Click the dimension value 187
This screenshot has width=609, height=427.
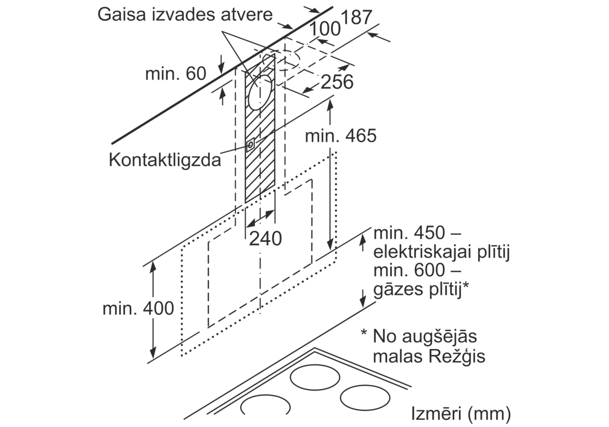click(356, 18)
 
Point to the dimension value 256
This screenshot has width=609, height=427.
click(337, 82)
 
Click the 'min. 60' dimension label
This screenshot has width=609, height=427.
click(176, 73)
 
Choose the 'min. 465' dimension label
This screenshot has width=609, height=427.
click(341, 136)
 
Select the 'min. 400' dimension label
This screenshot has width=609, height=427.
click(138, 309)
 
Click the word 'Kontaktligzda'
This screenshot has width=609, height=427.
click(165, 160)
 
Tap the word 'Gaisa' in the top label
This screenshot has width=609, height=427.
click(122, 15)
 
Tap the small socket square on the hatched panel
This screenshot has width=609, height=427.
click(250, 145)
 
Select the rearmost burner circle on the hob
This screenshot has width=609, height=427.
click(315, 377)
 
